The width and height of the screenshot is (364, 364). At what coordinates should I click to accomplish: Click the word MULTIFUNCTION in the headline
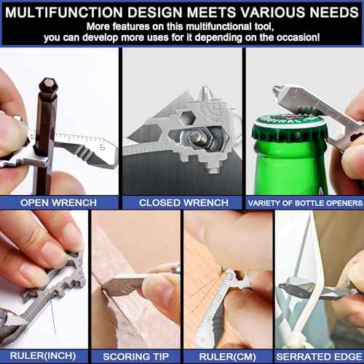(64, 12)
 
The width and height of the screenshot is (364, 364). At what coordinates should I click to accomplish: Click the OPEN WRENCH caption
(58, 202)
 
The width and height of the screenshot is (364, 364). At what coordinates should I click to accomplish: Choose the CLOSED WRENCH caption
(183, 202)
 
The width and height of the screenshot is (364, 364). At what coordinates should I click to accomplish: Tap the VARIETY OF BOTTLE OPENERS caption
(305, 203)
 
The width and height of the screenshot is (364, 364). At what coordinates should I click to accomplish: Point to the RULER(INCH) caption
(43, 356)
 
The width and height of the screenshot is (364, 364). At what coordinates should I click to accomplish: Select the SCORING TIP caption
(135, 357)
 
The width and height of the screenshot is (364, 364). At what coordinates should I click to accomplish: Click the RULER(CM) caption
(227, 357)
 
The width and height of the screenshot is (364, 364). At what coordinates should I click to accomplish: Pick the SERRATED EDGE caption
(319, 357)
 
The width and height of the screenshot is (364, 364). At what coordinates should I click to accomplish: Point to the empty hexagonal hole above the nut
(188, 118)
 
